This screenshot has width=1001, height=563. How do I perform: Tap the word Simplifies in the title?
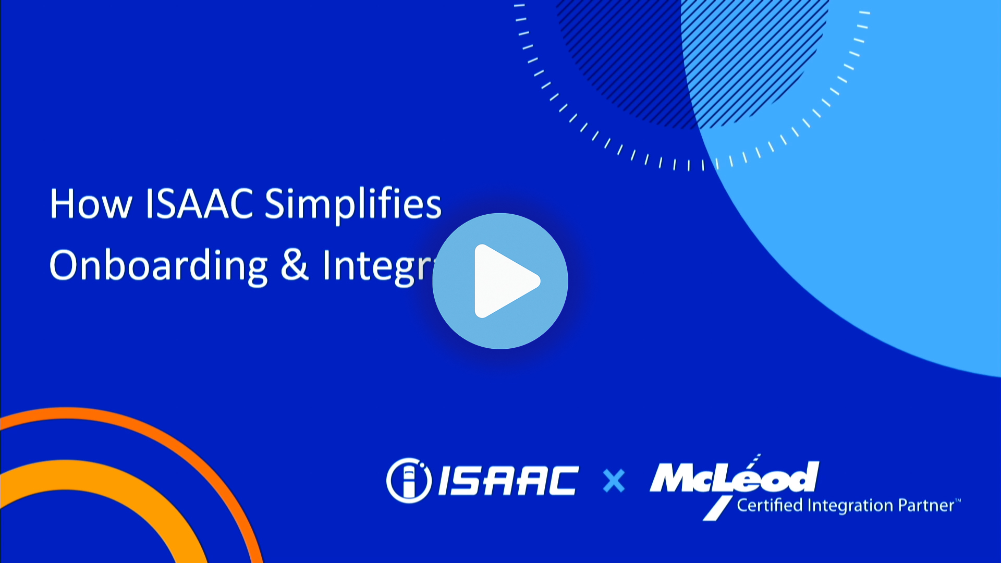coord(353,204)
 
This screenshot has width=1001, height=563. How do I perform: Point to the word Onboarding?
coord(158,266)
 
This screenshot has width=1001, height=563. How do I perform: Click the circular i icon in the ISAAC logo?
coord(409,480)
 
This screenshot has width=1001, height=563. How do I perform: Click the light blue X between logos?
coord(614,481)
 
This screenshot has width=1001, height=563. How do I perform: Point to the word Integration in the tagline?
coord(850,505)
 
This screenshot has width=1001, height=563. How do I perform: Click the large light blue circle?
coord(886,209)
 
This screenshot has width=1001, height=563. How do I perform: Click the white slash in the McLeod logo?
coord(718,508)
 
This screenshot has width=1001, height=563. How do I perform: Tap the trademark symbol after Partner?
coord(958,501)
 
